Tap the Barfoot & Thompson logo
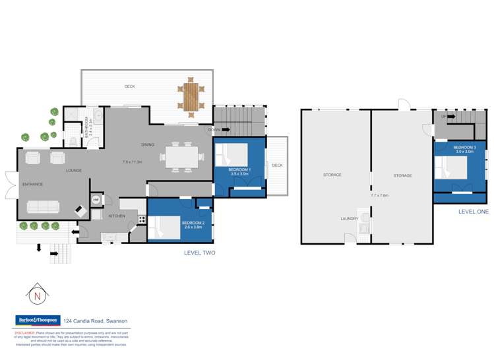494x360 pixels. coord(38,320)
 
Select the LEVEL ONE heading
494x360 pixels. coord(474,211)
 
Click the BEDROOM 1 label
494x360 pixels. coord(239,170)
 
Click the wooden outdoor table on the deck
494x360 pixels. coord(191,98)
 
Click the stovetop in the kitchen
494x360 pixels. coord(142,220)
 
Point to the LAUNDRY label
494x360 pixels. coord(349,219)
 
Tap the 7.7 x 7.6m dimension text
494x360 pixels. coord(379,195)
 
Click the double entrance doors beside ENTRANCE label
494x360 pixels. coord(10,184)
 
